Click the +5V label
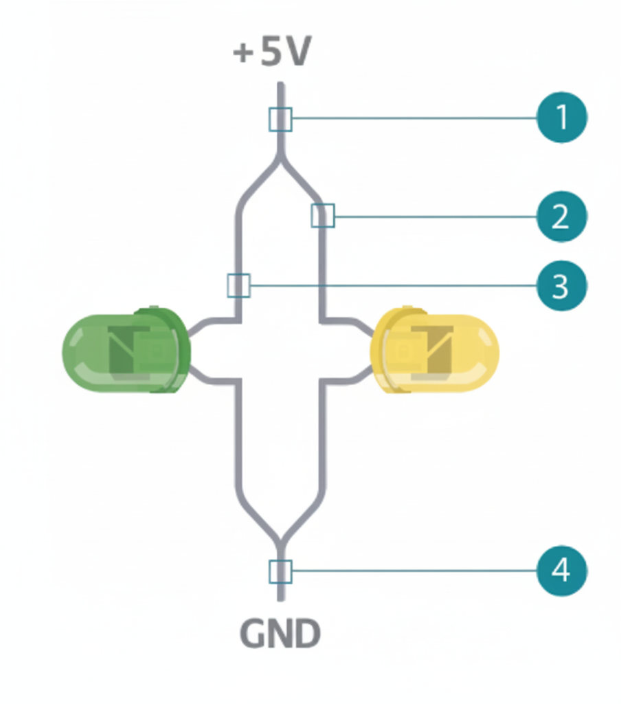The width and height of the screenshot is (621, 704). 273,53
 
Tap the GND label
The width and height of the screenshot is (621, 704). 280,633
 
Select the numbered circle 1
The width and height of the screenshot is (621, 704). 561,118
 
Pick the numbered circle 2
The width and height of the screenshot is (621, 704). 561,217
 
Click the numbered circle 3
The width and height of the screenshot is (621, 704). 561,285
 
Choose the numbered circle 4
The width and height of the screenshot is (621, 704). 561,570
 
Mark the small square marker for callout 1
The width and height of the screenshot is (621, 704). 280,119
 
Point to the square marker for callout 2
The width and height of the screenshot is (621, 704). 323,216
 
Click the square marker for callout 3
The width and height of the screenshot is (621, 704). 238,285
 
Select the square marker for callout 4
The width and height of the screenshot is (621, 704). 280,571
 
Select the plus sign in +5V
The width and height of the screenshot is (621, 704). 243,54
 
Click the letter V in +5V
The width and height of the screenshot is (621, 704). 297,53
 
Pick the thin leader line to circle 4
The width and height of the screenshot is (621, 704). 412,571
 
